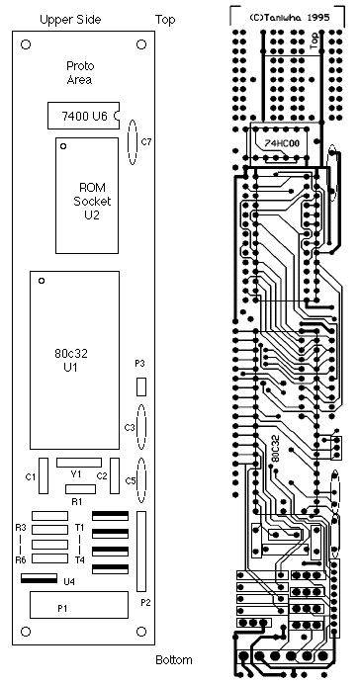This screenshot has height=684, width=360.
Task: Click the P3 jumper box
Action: click(x=141, y=386)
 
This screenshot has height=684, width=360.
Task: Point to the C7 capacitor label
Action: click(x=146, y=141)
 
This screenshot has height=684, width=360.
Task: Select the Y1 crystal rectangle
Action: click(x=79, y=463)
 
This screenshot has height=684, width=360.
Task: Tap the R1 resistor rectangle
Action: click(x=80, y=489)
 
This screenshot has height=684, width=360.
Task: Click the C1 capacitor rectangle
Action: click(x=44, y=475)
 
